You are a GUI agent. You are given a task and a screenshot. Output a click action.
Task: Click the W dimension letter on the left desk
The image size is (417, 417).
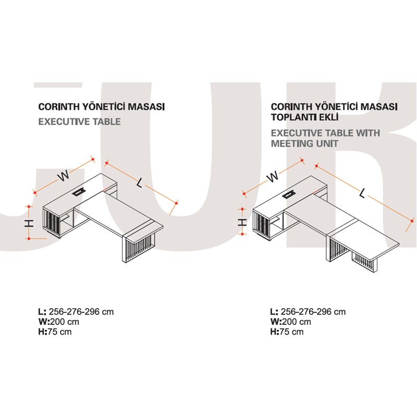tap(64, 176)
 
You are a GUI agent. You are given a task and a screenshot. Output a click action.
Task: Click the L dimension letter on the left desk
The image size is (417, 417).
tap(140, 183)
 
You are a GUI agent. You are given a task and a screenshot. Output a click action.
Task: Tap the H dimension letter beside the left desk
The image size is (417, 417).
tap(29, 223)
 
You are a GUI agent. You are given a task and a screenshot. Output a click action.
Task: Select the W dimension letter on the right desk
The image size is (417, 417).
tap(273, 176)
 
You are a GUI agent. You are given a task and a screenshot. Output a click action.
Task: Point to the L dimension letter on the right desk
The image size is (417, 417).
tap(362, 193)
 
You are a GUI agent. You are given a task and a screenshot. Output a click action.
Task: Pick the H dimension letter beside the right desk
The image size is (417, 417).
tap(242, 222)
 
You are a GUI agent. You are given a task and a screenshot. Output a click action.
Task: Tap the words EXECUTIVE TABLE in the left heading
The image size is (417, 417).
tap(80, 122)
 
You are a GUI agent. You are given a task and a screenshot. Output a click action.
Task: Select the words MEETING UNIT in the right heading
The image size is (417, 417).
tap(305, 144)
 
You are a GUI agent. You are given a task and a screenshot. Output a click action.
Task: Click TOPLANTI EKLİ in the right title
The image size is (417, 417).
tap(305, 117)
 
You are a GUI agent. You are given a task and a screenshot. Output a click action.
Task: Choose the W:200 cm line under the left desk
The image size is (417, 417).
tap(59, 322)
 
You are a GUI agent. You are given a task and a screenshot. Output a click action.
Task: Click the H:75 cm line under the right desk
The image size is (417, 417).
tap(287, 332)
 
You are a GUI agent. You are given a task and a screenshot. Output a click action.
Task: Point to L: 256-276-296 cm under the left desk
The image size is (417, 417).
tap(76, 312)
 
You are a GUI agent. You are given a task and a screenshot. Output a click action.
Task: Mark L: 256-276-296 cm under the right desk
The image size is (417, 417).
tap(308, 312)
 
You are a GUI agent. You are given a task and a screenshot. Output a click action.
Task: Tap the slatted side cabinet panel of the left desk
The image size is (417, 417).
tap(51, 222)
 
